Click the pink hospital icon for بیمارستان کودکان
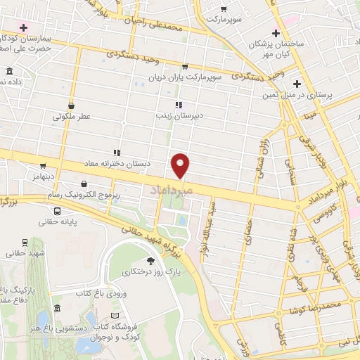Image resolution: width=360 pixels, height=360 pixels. point(25,28)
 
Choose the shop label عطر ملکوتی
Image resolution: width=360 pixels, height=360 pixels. point(68,117)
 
